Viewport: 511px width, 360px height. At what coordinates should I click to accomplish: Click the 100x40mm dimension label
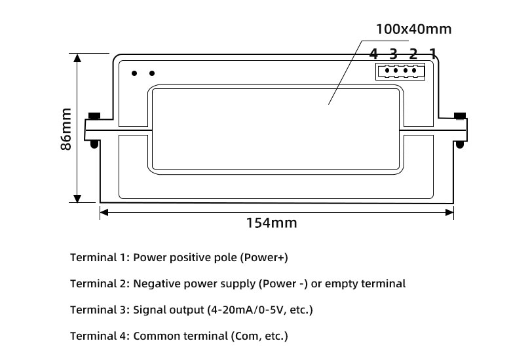click(x=413, y=29)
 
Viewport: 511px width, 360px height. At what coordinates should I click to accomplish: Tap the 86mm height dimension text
click(x=66, y=130)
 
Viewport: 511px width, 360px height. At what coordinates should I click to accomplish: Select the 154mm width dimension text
click(x=271, y=223)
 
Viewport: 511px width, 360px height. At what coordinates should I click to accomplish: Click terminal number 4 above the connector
click(x=373, y=53)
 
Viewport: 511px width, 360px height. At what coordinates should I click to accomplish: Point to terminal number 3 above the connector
click(x=393, y=53)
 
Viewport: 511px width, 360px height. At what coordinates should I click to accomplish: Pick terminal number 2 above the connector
click(x=413, y=53)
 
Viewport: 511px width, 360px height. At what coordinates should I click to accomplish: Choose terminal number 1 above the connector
click(x=432, y=53)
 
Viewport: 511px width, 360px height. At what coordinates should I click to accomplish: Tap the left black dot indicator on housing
click(x=134, y=73)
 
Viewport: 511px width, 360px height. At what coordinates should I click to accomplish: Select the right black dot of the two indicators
click(x=152, y=73)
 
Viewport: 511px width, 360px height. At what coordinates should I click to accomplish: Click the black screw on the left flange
click(x=94, y=117)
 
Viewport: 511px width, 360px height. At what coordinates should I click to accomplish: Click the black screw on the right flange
click(x=460, y=117)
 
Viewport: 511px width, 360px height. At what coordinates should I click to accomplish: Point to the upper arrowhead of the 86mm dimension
click(x=78, y=58)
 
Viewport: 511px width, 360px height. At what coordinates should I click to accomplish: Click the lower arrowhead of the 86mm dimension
click(x=78, y=198)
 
